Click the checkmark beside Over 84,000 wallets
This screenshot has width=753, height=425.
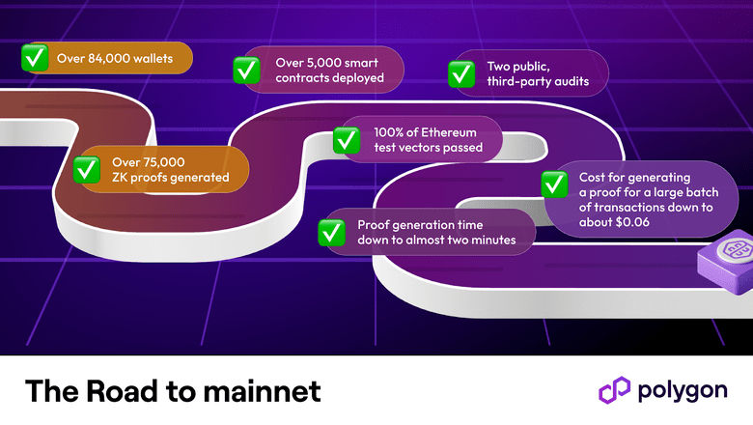click(x=36, y=59)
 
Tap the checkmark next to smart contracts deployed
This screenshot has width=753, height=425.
click(x=246, y=70)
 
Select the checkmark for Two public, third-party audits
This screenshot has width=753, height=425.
click(x=460, y=72)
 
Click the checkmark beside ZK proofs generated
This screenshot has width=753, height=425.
click(x=87, y=169)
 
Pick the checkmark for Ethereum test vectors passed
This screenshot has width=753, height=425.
click(x=347, y=139)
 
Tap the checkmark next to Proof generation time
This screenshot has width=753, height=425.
click(x=331, y=231)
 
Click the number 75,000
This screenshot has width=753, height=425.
click(x=164, y=161)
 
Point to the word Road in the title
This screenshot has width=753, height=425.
click(x=121, y=391)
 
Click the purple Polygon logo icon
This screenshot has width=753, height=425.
click(x=614, y=390)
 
